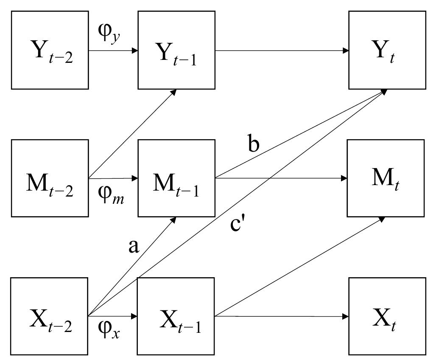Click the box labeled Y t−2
coord(50,50)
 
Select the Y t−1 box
coord(176,50)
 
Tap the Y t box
coord(387,50)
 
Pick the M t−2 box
coord(50,178)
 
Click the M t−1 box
coord(176,178)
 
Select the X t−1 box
coord(176,316)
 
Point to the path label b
coord(254,144)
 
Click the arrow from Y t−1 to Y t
coord(282,51)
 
